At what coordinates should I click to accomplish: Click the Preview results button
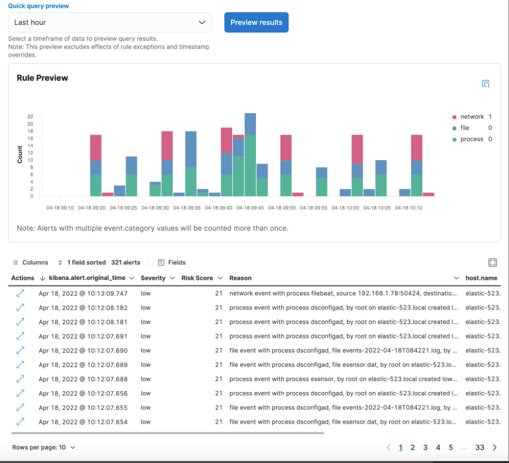tap(256, 22)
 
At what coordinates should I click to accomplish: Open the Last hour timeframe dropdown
tap(110, 22)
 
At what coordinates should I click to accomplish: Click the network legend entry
tap(471, 117)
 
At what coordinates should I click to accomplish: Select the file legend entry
tap(464, 128)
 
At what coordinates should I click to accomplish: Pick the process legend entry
tap(471, 139)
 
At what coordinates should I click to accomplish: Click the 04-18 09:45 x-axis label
tap(251, 208)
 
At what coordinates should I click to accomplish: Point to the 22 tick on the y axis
tap(30, 117)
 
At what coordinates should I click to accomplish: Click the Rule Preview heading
tap(42, 78)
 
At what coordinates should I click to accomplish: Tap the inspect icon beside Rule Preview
tap(486, 84)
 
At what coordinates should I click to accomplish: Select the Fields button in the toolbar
tap(172, 262)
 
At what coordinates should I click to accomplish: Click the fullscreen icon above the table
tap(492, 262)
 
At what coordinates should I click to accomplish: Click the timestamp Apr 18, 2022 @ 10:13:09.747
tap(83, 293)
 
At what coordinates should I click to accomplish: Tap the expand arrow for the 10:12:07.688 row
tap(20, 379)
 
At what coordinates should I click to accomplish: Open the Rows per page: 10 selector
tap(44, 447)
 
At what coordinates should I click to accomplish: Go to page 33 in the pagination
tap(480, 447)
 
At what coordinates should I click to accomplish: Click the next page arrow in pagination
tap(494, 447)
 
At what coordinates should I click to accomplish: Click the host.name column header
tap(481, 278)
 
